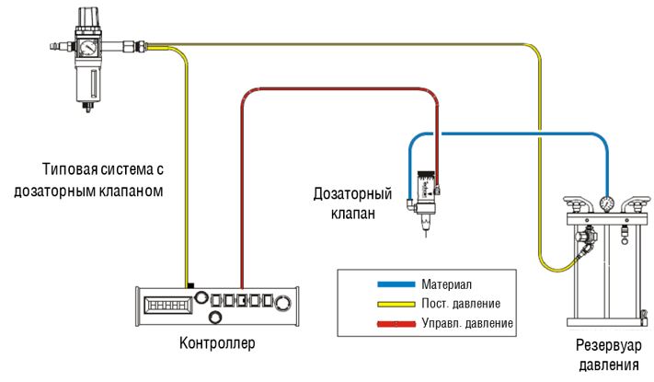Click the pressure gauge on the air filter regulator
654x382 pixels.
88,48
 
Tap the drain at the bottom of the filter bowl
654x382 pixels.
88,108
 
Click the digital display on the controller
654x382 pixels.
167,305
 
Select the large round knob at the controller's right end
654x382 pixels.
282,302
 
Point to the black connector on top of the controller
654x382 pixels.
190,285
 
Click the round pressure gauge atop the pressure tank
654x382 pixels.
605,203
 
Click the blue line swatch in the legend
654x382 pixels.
396,284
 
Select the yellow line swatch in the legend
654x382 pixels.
396,304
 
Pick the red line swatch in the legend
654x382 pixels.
396,324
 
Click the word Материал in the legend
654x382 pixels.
446,284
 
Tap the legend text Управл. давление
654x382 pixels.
467,323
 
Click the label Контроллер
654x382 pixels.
217,343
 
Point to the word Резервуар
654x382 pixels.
609,346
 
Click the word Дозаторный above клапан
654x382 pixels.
353,194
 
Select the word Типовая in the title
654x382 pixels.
70,169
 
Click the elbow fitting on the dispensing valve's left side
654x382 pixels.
411,204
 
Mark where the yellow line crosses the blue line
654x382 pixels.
539,134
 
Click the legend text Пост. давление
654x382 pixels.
461,304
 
